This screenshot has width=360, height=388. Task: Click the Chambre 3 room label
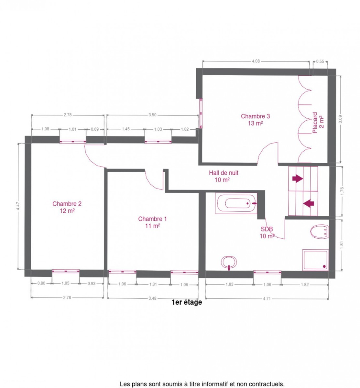(x=255, y=120)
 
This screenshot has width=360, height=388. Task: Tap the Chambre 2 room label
(x=67, y=207)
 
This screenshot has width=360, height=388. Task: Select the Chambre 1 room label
(x=152, y=222)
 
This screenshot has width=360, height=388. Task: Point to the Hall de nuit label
(x=224, y=176)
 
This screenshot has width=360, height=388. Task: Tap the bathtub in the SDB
(x=236, y=203)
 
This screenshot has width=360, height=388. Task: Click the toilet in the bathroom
(x=319, y=232)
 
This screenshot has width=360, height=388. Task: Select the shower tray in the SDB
(x=315, y=260)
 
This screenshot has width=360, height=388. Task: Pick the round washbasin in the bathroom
(x=229, y=263)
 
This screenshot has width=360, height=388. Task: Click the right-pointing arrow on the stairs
(x=298, y=178)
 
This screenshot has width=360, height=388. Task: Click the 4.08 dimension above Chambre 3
(x=256, y=61)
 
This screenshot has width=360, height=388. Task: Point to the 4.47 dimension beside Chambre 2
(x=18, y=206)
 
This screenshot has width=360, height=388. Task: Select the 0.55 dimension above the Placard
(x=320, y=61)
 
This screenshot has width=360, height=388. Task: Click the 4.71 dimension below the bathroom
(x=267, y=299)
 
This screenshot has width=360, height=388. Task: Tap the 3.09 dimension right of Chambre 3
(x=340, y=119)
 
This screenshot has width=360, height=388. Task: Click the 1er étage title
(x=187, y=302)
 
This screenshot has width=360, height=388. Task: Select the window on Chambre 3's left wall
(x=201, y=113)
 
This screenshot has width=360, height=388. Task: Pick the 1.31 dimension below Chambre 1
(x=153, y=284)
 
